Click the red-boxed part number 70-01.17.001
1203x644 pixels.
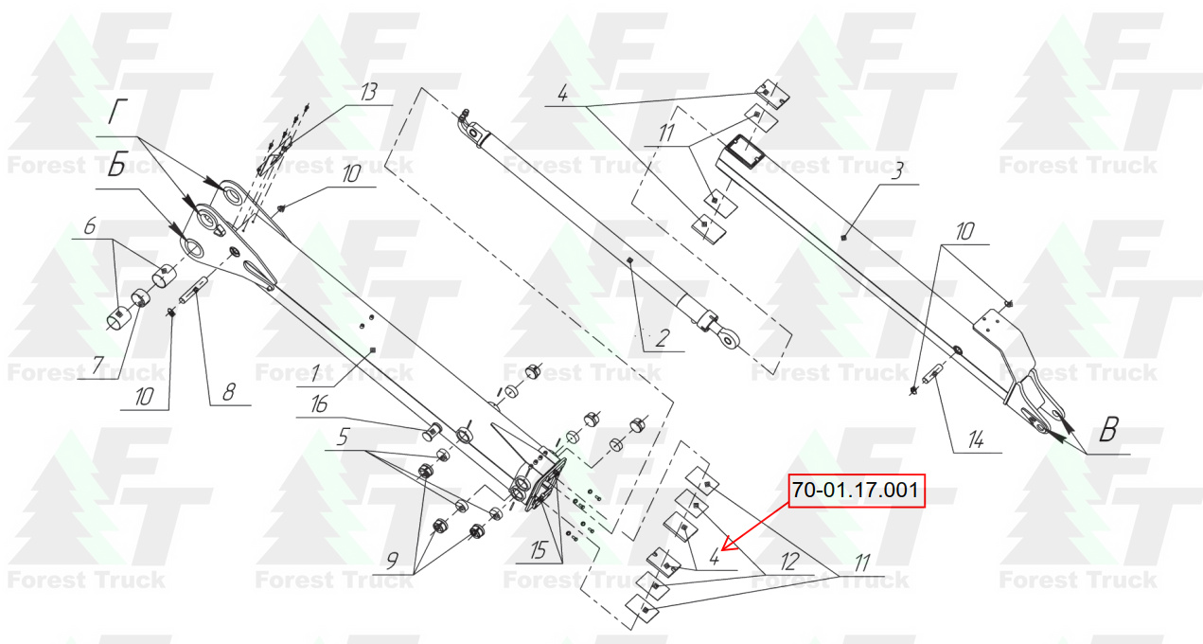click(856, 491)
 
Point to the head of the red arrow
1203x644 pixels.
click(723, 549)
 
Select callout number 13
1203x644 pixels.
click(368, 92)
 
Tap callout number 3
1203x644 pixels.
click(896, 171)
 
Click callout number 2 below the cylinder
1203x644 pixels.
click(663, 338)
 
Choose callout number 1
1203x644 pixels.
click(315, 372)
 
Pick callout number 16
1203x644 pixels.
click(319, 403)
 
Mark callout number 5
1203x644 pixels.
click(344, 437)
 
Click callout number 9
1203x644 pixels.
click(393, 561)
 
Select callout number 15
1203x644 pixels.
click(539, 550)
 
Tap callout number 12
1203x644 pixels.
click(789, 562)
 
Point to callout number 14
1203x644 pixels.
click(976, 440)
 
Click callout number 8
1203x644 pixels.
click(229, 392)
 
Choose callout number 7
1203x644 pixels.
click(97, 366)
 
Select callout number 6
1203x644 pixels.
click(90, 225)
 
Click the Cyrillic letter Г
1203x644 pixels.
click(117, 113)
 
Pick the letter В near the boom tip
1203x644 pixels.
click(1109, 430)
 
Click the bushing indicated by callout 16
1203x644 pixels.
click(432, 431)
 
